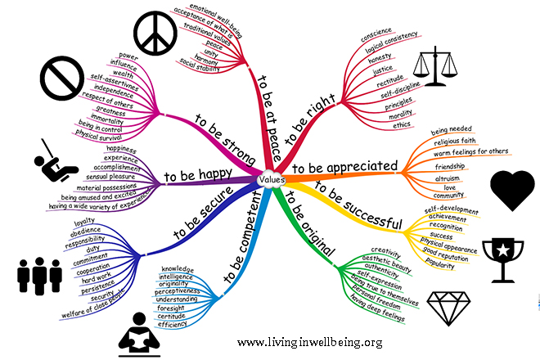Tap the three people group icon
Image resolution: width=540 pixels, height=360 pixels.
click(36, 276)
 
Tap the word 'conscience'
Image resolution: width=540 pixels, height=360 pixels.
click(378, 38)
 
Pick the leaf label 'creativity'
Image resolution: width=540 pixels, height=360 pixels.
click(385, 250)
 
